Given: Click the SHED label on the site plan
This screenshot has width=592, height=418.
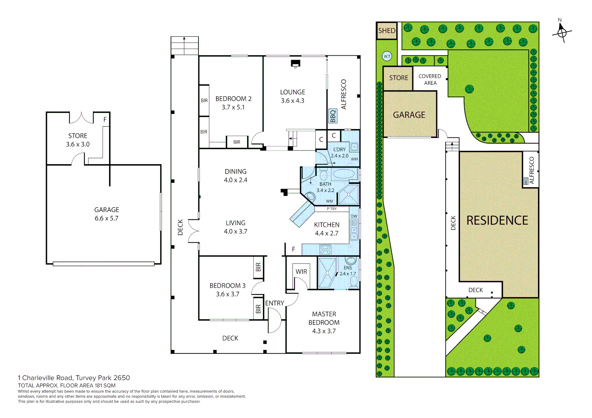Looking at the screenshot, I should point(387,31).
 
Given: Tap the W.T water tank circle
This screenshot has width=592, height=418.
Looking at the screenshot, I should point(387,56).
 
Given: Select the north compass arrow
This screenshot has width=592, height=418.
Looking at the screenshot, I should point(561,31).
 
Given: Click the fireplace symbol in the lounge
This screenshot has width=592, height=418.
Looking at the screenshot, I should point(296,63).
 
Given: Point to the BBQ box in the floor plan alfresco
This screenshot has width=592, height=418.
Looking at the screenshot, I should point(333,116).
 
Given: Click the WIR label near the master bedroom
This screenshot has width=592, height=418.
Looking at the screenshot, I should point(301,272).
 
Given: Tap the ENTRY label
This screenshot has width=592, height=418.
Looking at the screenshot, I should point(275,303).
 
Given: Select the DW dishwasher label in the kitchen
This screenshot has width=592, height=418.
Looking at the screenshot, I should point(354,216).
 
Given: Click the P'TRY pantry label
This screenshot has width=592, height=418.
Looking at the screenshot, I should point(332,209).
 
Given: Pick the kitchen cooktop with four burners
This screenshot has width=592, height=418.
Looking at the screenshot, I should point(325,250).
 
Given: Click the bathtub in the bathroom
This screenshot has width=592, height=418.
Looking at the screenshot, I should point(344,174).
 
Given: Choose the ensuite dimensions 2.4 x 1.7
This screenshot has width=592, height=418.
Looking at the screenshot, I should point(348,274).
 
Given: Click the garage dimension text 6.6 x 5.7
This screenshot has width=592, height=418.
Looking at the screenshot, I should point(107,218).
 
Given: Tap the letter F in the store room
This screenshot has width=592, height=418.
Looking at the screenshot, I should point(105,120).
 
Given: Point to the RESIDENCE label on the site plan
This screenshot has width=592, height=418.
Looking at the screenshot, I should point(497,220).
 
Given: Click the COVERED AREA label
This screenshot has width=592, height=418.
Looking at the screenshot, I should point(430,79).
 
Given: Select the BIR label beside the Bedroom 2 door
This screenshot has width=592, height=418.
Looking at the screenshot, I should point(237,142).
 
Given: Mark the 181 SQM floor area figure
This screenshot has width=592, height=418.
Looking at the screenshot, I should point(105,385).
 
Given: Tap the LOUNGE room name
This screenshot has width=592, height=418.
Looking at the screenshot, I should point(293,92).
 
